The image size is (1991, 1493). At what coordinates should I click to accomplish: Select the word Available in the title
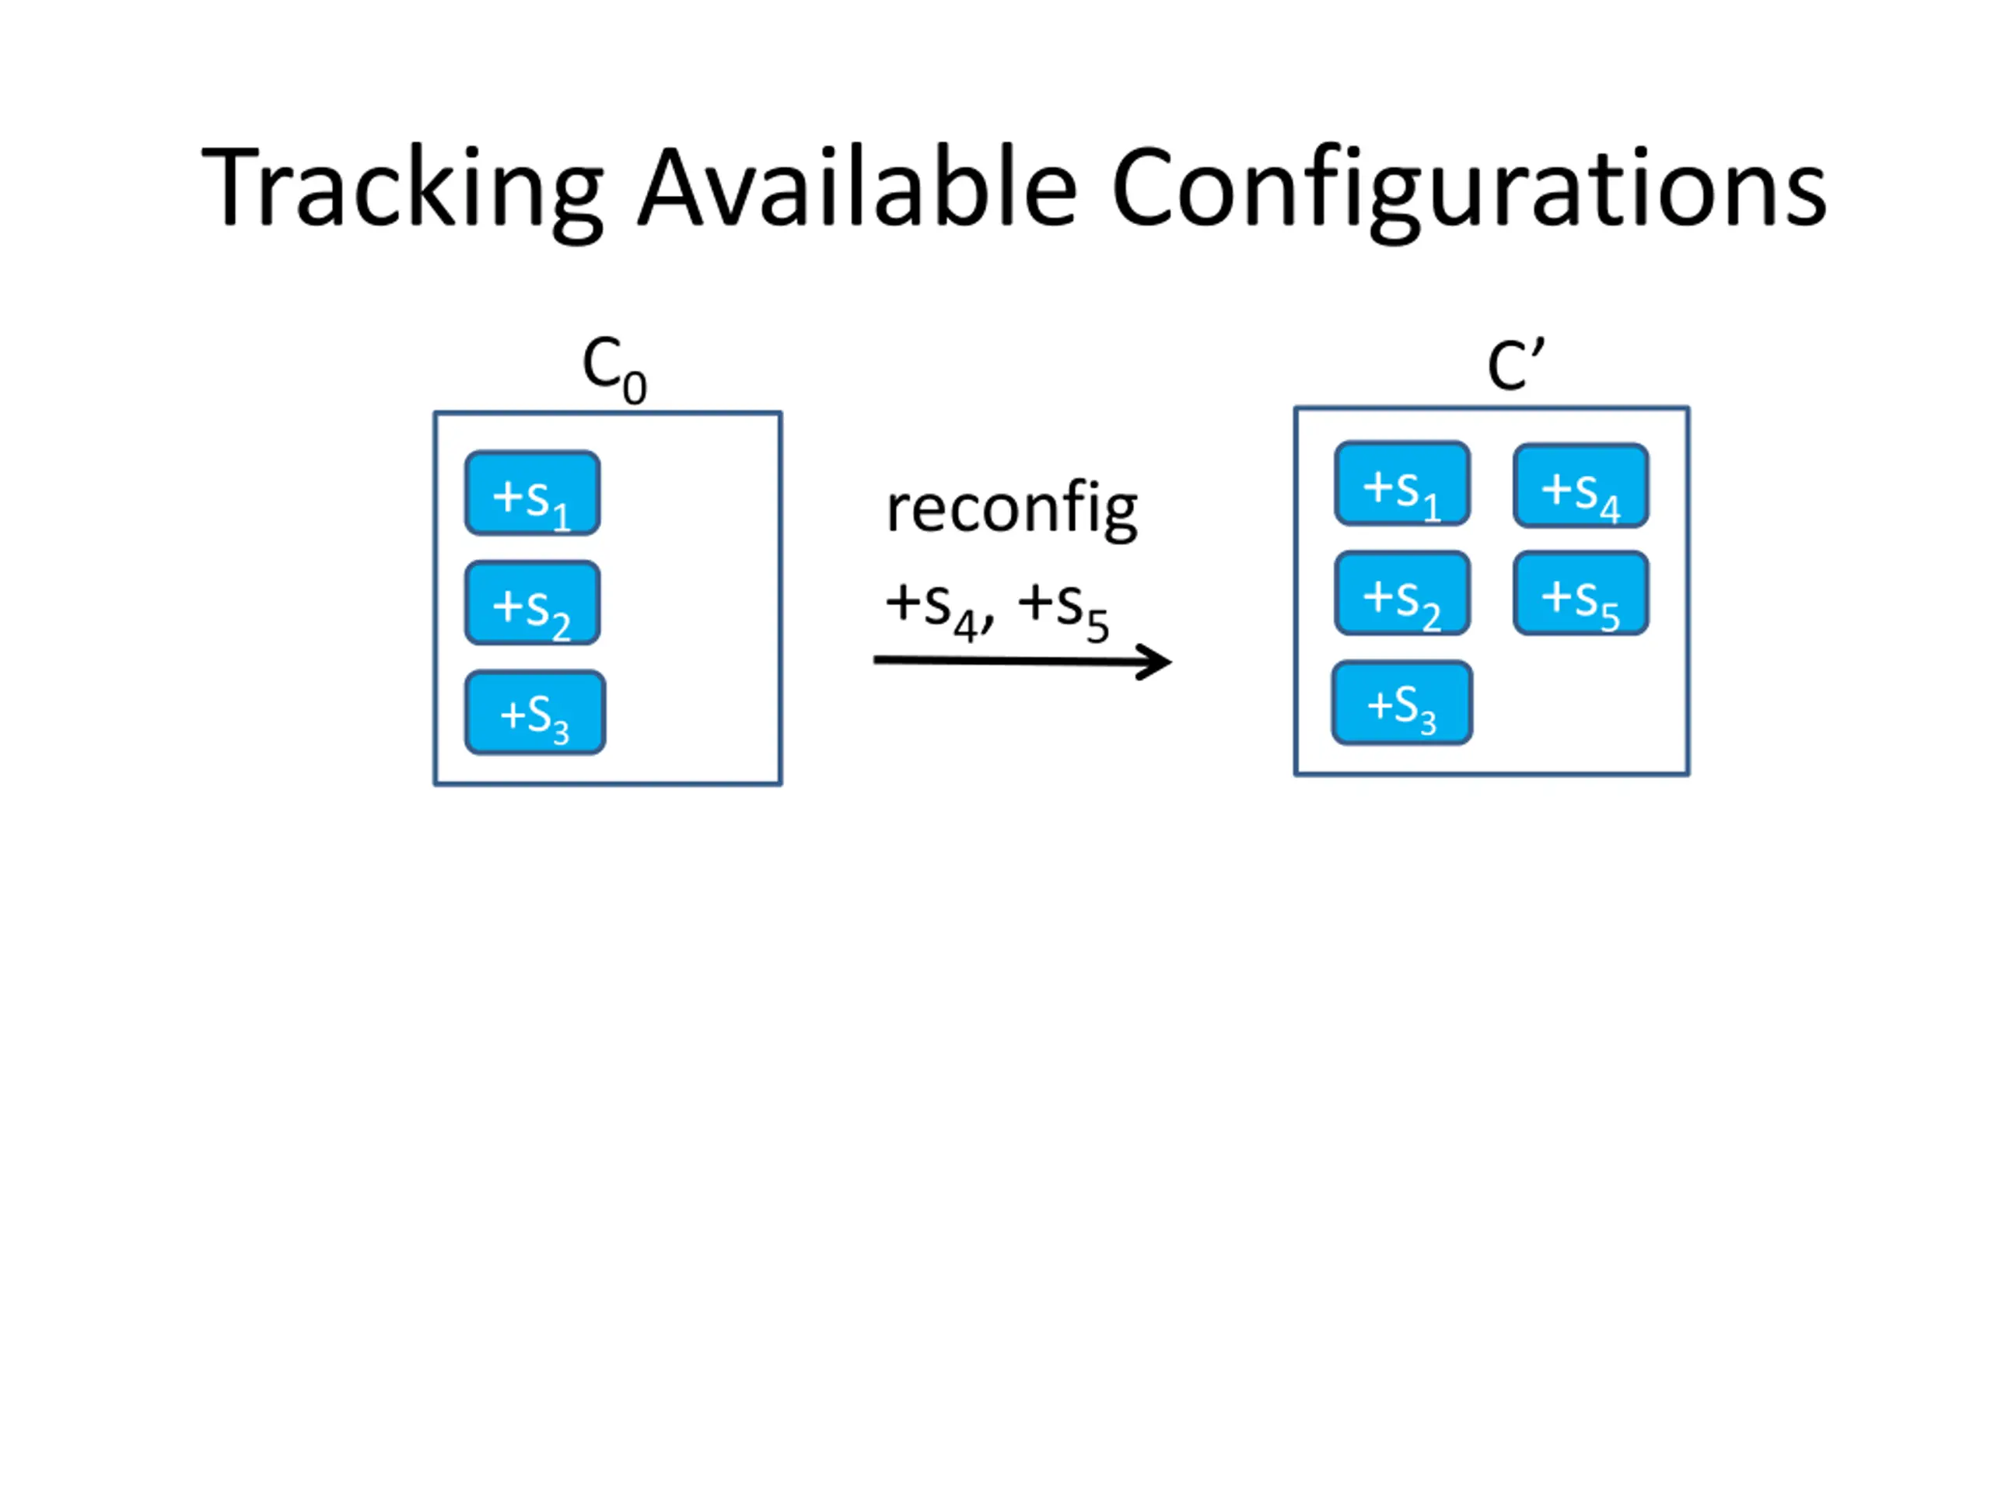858,187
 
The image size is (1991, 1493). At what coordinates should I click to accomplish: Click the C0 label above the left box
614,370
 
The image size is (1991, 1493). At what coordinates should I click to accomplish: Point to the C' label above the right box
1517,365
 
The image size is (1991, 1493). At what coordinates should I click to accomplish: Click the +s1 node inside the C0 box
533,493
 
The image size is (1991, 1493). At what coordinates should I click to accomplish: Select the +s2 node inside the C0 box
533,603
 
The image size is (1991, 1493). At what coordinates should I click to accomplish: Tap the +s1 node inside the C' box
1402,483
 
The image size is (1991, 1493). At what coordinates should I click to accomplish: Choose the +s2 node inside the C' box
1402,593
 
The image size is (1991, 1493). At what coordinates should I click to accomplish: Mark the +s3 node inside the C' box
1402,703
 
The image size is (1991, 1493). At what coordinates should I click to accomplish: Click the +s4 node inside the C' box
1581,485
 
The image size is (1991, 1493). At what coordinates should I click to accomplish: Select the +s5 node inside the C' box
1581,593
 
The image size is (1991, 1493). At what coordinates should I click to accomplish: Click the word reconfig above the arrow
1012,510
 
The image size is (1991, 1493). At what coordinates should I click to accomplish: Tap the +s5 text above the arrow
1064,610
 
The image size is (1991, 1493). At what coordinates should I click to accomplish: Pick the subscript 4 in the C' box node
1610,509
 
